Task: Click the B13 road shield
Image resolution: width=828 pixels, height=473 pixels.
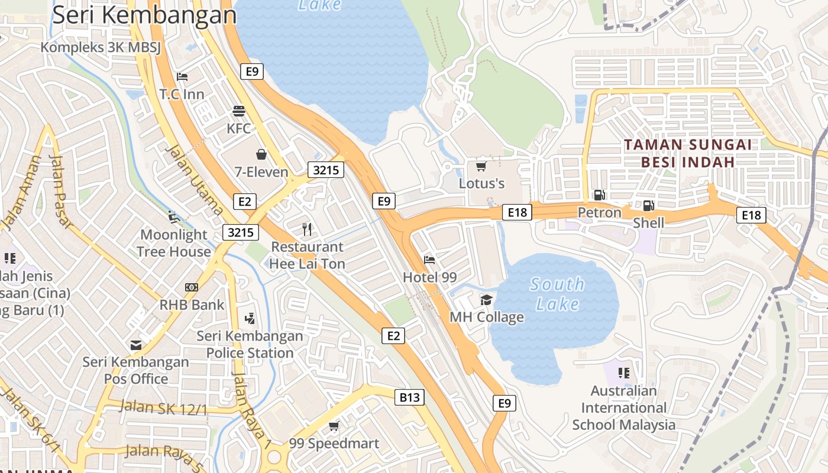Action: coord(409,397)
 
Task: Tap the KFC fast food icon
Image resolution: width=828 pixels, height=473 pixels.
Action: coord(239,111)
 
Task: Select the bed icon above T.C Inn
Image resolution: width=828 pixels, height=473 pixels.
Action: coord(182,77)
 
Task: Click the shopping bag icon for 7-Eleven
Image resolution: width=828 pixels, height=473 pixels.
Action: coord(261,154)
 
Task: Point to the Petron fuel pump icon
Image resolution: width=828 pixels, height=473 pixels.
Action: coord(599,195)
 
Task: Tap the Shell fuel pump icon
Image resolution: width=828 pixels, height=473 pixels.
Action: coord(648,205)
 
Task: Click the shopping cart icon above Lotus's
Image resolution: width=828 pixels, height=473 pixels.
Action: coord(481,166)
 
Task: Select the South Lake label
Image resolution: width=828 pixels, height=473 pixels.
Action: coord(557,294)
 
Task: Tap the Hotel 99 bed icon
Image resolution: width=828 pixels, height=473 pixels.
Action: coord(429,260)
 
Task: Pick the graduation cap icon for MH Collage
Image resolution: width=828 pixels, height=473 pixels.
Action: coord(486,300)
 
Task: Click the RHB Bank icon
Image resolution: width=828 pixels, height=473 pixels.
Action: coord(191,287)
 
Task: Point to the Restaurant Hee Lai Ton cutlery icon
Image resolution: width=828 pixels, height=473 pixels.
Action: coord(306,229)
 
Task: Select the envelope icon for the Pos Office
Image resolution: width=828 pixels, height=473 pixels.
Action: coord(136,345)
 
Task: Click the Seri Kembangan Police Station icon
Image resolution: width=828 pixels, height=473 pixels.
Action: coord(250,318)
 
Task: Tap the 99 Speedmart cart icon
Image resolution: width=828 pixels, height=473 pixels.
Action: coord(334,426)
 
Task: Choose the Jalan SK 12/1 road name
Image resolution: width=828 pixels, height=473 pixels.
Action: coord(163,407)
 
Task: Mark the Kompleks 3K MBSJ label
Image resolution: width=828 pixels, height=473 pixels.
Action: coord(101,48)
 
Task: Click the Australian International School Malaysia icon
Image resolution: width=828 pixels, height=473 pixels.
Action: coord(623,372)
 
